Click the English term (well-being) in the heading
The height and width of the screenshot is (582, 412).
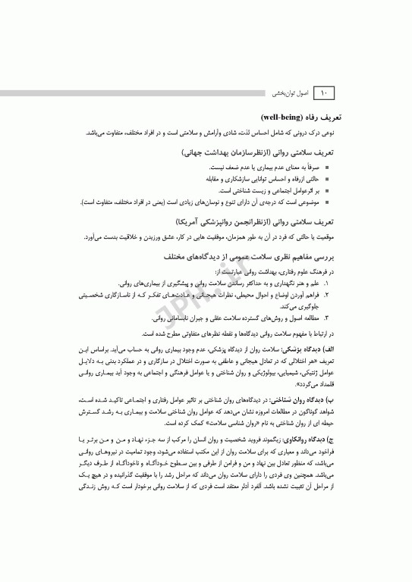(x=282, y=119)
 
